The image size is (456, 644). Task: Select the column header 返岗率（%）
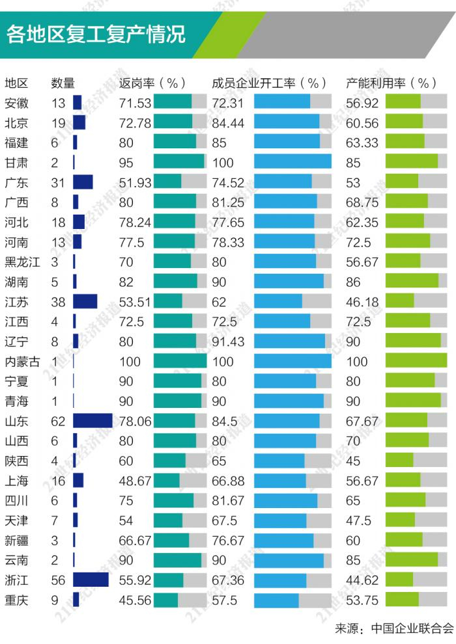pyautogui.click(x=153, y=83)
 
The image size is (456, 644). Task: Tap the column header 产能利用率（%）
pyautogui.click(x=391, y=83)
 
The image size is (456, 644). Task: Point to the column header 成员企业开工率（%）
pyautogui.click(x=269, y=83)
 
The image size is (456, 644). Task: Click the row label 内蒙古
pyautogui.click(x=22, y=362)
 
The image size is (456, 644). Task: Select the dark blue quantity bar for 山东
pyautogui.click(x=93, y=422)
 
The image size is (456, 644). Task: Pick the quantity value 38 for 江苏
pyautogui.click(x=59, y=302)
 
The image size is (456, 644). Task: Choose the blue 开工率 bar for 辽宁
pyautogui.click(x=289, y=342)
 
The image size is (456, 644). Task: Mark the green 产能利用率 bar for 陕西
pyautogui.click(x=399, y=461)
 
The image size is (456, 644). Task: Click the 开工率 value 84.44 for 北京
pyautogui.click(x=228, y=122)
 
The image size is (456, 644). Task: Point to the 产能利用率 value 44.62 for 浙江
pyautogui.click(x=362, y=581)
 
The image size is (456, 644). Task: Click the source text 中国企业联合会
pyautogui.click(x=412, y=628)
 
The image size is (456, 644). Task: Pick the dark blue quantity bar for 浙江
pyautogui.click(x=91, y=580)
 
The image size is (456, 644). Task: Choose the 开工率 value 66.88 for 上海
pyautogui.click(x=228, y=481)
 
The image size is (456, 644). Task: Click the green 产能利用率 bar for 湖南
pyautogui.click(x=412, y=282)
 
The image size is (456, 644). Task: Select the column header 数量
pyautogui.click(x=63, y=83)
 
